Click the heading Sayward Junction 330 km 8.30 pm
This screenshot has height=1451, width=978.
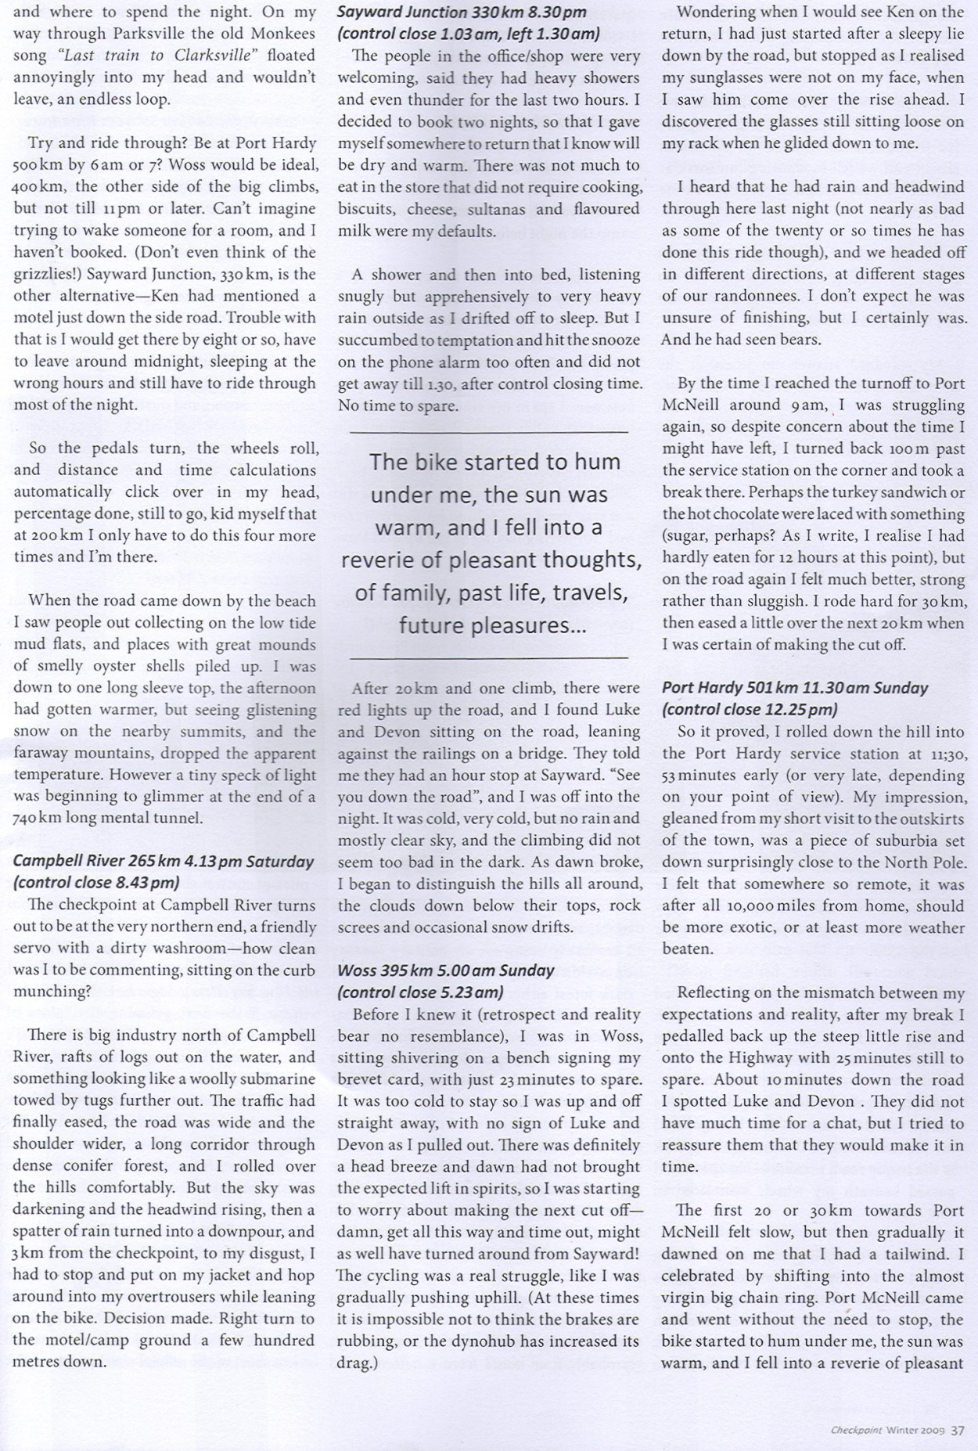pyautogui.click(x=462, y=13)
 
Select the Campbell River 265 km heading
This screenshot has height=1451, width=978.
pyautogui.click(x=163, y=861)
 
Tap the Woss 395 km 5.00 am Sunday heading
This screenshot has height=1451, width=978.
pyautogui.click(x=445, y=970)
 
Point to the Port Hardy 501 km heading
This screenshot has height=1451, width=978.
pyautogui.click(x=794, y=688)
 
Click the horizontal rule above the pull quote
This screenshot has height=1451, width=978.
pyautogui.click(x=488, y=431)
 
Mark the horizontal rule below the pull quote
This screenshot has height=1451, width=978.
pyautogui.click(x=488, y=657)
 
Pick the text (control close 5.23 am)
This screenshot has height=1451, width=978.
pyautogui.click(x=420, y=992)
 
